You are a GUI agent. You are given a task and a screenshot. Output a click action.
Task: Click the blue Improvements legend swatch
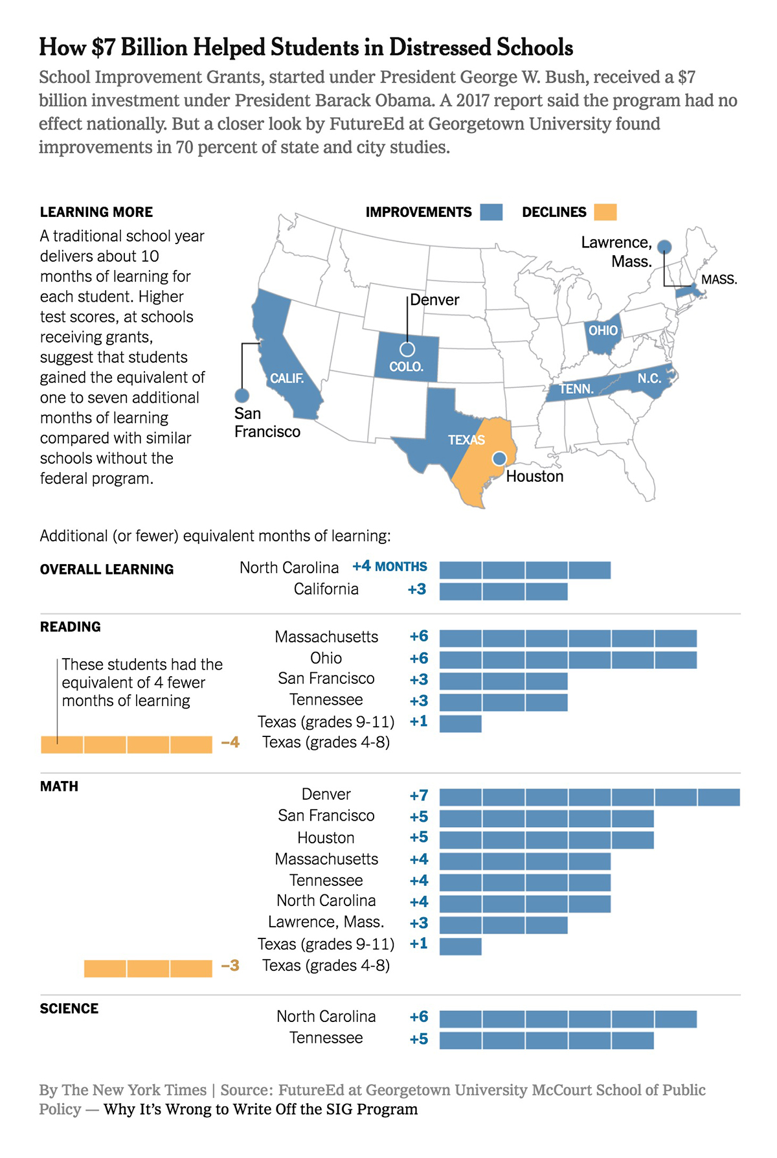tap(491, 212)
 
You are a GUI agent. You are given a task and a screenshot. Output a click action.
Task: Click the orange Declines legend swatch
tap(605, 212)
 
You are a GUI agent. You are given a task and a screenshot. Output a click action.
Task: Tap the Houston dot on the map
tap(499, 459)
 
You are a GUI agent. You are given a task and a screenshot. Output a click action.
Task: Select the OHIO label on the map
tap(603, 330)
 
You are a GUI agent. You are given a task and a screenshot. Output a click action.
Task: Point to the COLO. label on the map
tap(406, 367)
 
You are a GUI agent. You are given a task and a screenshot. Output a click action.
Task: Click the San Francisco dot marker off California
tap(242, 395)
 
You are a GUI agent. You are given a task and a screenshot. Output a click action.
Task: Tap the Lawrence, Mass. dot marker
tap(664, 247)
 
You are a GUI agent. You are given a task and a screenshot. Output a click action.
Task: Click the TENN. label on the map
tap(576, 389)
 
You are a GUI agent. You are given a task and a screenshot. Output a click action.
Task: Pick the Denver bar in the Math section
tap(589, 797)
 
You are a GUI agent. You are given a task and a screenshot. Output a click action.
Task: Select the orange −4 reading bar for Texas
tap(126, 744)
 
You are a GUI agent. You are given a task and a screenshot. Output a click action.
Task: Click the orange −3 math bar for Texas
tap(148, 968)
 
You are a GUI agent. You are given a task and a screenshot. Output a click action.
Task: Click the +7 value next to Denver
tap(419, 795)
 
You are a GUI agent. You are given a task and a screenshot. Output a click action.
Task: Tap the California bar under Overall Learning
tap(503, 591)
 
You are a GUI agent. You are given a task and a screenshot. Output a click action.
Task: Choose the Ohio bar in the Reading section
tap(568, 660)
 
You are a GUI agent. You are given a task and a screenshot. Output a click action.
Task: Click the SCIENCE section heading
tap(69, 1008)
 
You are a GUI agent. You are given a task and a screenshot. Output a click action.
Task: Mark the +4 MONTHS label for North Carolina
tap(389, 567)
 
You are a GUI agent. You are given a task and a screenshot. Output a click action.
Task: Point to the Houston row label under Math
tap(326, 838)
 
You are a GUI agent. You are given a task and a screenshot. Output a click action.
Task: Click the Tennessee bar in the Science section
tap(546, 1040)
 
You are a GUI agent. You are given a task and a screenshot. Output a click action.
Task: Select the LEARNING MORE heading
tap(96, 212)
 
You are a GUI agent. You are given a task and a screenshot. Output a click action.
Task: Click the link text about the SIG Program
tap(260, 1109)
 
